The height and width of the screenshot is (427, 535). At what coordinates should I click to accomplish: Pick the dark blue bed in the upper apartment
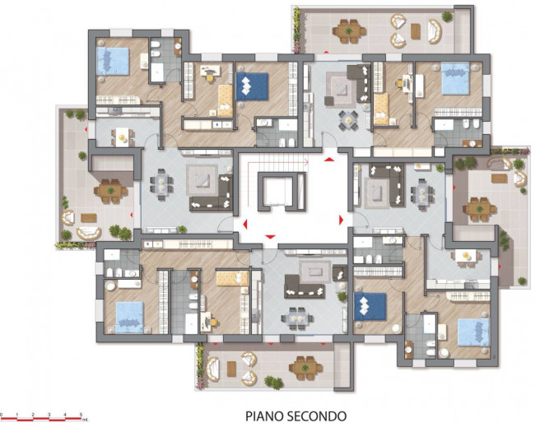[x=252, y=86]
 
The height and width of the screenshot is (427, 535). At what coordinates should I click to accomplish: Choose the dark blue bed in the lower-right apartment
[x=370, y=306]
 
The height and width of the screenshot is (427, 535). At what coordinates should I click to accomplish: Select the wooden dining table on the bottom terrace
[x=305, y=364]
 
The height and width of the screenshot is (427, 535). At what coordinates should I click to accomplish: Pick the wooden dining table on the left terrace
[x=109, y=191]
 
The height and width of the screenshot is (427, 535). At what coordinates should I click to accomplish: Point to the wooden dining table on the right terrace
[x=477, y=208]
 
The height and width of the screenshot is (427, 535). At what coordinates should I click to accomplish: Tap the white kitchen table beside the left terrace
[x=123, y=136]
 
